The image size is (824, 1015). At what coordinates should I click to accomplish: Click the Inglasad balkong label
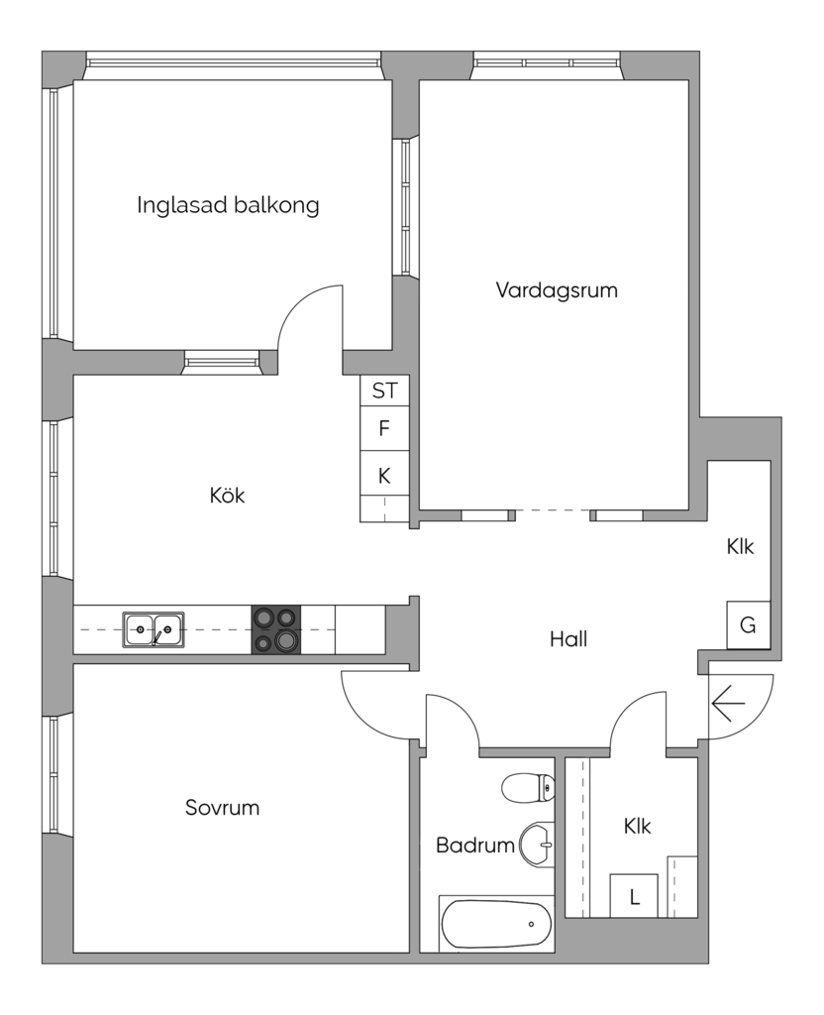228,206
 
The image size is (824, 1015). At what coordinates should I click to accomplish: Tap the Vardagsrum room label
557,290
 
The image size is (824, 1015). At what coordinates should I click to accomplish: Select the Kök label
227,496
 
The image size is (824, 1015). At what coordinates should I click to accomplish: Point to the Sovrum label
222,807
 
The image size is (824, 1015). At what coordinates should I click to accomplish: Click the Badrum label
475,845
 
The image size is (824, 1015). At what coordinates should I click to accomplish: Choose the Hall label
568,639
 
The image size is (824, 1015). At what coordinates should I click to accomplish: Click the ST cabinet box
385,391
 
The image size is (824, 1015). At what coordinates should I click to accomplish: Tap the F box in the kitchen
385,428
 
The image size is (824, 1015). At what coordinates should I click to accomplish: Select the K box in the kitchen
385,476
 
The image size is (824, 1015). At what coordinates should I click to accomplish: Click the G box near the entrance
749,624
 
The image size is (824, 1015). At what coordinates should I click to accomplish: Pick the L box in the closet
634,896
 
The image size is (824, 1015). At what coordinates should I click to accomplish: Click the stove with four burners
276,629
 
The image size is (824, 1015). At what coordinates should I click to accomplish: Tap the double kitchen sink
154,629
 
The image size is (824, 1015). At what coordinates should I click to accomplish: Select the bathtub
497,924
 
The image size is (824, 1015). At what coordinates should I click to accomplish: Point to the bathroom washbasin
537,845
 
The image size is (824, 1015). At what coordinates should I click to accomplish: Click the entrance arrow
728,703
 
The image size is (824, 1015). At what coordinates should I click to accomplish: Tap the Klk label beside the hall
740,546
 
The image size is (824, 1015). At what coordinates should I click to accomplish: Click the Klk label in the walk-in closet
637,826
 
